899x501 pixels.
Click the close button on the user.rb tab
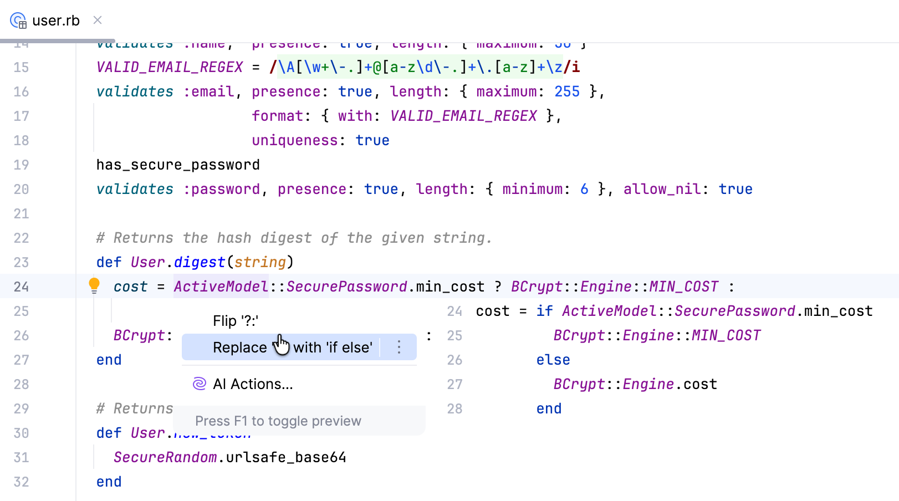[98, 21]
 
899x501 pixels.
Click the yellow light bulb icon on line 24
[94, 285]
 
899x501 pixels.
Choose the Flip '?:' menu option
[236, 321]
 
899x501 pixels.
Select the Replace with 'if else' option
[292, 347]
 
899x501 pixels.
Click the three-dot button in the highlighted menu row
[399, 347]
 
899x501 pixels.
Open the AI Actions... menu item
[253, 384]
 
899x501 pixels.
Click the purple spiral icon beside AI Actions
[200, 384]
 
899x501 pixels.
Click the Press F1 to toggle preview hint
[278, 421]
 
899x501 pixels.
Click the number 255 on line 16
[567, 91]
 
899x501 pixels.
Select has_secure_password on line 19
[178, 165]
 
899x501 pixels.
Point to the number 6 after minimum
[584, 189]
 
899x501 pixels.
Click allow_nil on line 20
[662, 189]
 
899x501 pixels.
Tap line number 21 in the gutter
[21, 213]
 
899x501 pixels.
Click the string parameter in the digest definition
[260, 262]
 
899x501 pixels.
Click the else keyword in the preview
[553, 360]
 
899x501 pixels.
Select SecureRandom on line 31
[165, 457]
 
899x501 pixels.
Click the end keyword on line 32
[109, 482]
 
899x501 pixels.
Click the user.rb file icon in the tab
[18, 21]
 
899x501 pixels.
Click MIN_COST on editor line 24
[683, 287]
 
